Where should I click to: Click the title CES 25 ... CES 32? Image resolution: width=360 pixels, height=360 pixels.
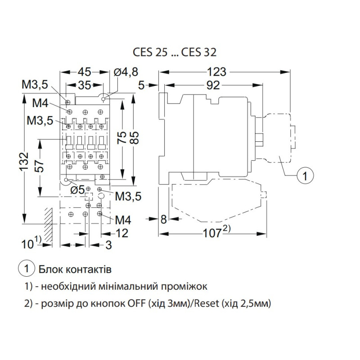175,52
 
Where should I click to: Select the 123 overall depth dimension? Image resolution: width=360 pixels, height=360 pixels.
216,72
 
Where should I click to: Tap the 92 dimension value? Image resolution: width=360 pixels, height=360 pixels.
213,85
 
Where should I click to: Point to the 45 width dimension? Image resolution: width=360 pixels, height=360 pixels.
84,72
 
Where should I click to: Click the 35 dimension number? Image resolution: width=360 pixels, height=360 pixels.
85,85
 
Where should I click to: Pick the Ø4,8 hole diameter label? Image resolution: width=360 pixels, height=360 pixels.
126,72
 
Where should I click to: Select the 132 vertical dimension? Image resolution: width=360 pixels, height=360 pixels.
24,161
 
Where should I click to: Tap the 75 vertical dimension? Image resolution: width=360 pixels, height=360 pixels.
121,138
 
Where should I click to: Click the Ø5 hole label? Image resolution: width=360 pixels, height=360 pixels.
77,190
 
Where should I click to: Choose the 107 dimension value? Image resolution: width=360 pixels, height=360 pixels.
212,234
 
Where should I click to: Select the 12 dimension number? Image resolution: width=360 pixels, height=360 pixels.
121,233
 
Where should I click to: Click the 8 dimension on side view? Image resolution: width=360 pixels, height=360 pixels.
163,219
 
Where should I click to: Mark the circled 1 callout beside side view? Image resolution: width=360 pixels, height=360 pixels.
305,176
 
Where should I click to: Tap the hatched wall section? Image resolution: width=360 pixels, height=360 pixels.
48,226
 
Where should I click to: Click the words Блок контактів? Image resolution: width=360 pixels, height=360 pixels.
75,269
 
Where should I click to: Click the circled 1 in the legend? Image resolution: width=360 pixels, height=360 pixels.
27,269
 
